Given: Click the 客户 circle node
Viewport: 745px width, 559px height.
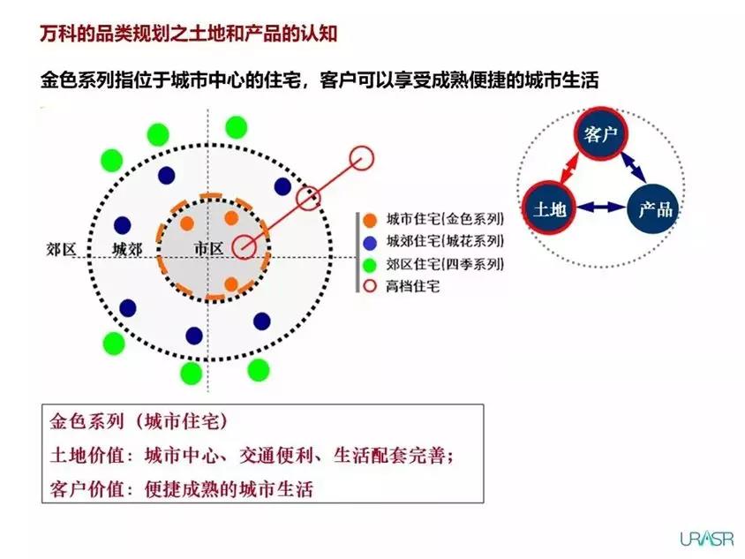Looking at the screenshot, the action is point(600,133).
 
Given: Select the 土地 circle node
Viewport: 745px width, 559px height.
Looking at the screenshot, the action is point(549,208).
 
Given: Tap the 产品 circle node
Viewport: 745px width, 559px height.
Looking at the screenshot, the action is point(654,208).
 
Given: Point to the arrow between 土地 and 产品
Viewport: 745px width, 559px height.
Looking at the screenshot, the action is point(602,207).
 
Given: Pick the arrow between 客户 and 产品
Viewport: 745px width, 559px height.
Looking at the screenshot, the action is point(634,166).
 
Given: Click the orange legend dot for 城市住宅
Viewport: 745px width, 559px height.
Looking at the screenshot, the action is point(370,220).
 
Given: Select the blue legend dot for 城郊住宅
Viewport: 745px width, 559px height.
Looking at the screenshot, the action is point(370,243).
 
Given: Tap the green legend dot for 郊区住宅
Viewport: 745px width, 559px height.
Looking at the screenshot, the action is point(370,265).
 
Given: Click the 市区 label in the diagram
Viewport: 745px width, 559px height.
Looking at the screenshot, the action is point(208,248).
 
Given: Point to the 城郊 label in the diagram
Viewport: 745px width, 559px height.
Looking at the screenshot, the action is point(127,249).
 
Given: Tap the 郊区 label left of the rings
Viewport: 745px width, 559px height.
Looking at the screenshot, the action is point(61,249).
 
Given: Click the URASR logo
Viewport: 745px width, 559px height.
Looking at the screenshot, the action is point(706,539).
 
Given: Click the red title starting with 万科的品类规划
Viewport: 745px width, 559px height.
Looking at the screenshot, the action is point(189,34).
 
